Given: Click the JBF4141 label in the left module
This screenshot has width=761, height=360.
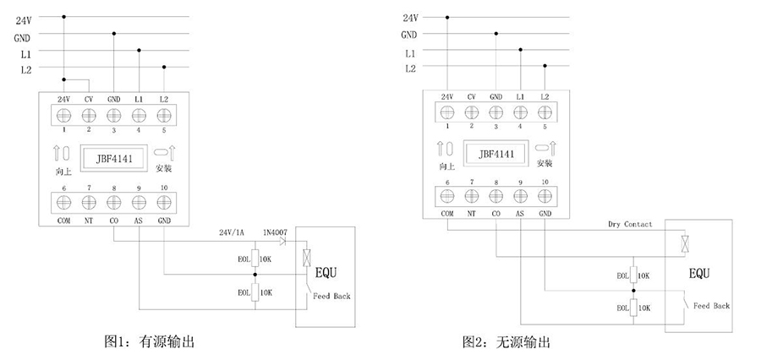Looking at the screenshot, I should coord(112,157).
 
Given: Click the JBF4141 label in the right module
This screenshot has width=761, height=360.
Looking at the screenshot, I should coord(495,155).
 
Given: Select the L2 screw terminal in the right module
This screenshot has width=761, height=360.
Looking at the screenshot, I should coord(545,112).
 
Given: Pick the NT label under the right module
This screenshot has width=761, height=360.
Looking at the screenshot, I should coord(471,214).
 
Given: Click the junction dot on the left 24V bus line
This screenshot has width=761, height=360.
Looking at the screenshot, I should coord(63,16).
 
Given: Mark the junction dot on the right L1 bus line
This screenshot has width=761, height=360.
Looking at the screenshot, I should coord(520,50).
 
